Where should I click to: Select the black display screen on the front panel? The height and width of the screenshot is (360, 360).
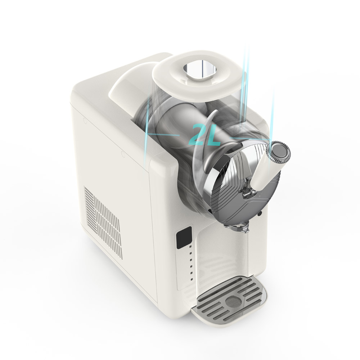point(184,238)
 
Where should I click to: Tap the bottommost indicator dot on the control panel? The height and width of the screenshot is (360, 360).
point(192,280)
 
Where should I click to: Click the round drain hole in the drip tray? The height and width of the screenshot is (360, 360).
point(234,302)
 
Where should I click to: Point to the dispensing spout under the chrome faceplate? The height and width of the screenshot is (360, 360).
point(237,226)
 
